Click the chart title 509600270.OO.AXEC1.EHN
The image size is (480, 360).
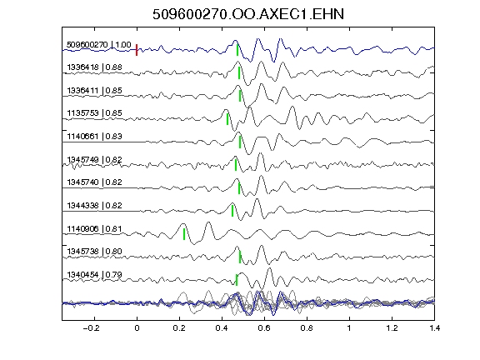(248, 14)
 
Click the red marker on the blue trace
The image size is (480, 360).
(137, 50)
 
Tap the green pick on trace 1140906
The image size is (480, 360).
(184, 234)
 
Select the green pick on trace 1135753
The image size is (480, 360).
(227, 119)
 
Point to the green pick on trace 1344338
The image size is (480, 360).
(232, 211)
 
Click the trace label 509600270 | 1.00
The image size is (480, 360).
(99, 45)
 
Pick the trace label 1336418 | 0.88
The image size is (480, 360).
(95, 67)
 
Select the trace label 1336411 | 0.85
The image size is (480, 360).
(95, 91)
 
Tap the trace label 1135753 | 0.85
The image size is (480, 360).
(95, 113)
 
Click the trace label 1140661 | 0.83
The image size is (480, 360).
(95, 136)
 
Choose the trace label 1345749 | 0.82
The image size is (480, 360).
(95, 159)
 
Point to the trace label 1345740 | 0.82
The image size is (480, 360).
(95, 182)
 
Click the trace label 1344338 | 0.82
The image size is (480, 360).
(95, 205)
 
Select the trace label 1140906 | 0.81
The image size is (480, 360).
(95, 228)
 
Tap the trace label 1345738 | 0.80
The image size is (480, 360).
(95, 252)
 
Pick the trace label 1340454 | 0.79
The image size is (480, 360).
(95, 275)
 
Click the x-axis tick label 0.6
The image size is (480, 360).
(264, 328)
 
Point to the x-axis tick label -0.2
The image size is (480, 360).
(91, 328)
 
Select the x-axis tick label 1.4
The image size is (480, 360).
(434, 328)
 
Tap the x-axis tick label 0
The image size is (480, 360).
(137, 328)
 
